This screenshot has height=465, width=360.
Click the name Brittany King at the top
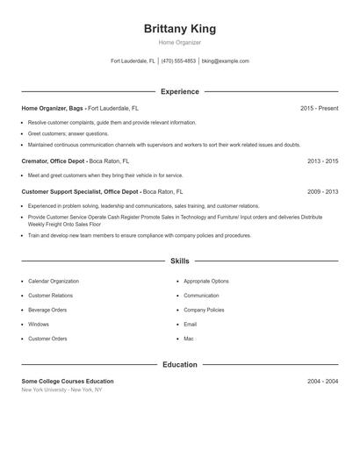coord(179,28)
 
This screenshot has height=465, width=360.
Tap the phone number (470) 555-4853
coord(178,61)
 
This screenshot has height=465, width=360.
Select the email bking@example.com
coord(226,61)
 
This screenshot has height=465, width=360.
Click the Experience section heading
coord(179,91)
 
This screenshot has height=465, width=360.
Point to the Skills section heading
coord(179,261)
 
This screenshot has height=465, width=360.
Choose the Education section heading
coord(179,364)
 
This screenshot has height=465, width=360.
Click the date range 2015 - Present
coord(319,108)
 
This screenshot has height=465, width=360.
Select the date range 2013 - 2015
coord(322,161)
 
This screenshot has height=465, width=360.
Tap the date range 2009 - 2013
coord(322,191)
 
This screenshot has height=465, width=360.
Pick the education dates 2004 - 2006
coord(322,382)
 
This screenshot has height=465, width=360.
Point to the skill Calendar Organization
coord(53,282)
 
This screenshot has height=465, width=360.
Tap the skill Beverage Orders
coord(47,310)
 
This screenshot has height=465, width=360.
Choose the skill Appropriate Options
coord(206,282)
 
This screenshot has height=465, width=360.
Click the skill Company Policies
coord(204,310)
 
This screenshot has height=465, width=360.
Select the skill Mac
coord(188,339)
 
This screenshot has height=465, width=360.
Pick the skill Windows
coord(39,325)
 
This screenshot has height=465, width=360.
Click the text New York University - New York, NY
coord(61,390)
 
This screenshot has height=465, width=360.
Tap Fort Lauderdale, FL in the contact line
coord(133,61)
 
